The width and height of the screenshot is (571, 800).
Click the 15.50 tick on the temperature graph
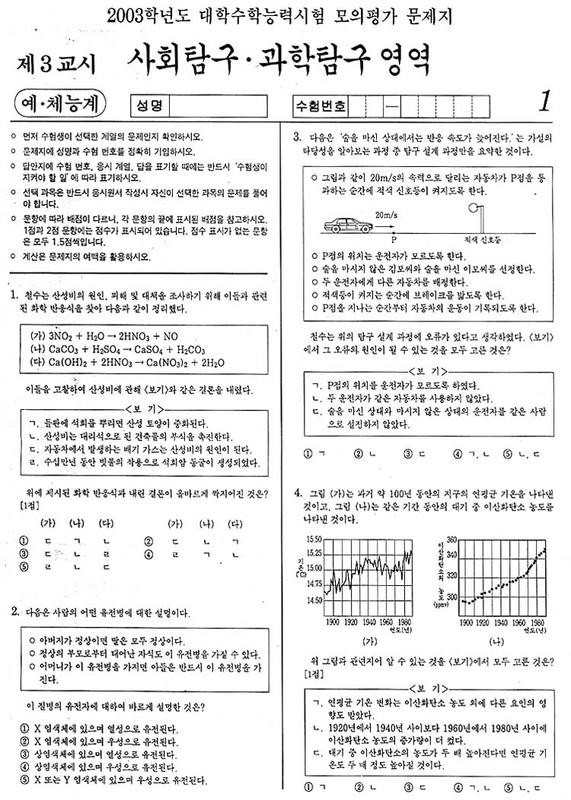pos(313,539)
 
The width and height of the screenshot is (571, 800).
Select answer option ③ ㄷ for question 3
pos(415,454)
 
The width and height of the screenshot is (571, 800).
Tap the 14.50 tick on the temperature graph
pos(313,600)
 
